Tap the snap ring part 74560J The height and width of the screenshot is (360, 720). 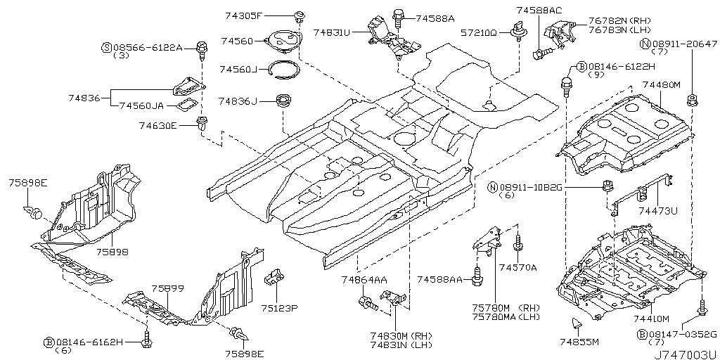coord(287,68)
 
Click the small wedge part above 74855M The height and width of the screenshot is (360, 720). coord(576,323)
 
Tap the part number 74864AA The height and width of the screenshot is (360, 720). coord(364,280)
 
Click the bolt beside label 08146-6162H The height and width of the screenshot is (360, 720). coord(146,340)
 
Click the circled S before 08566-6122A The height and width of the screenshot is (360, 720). coord(107,47)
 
